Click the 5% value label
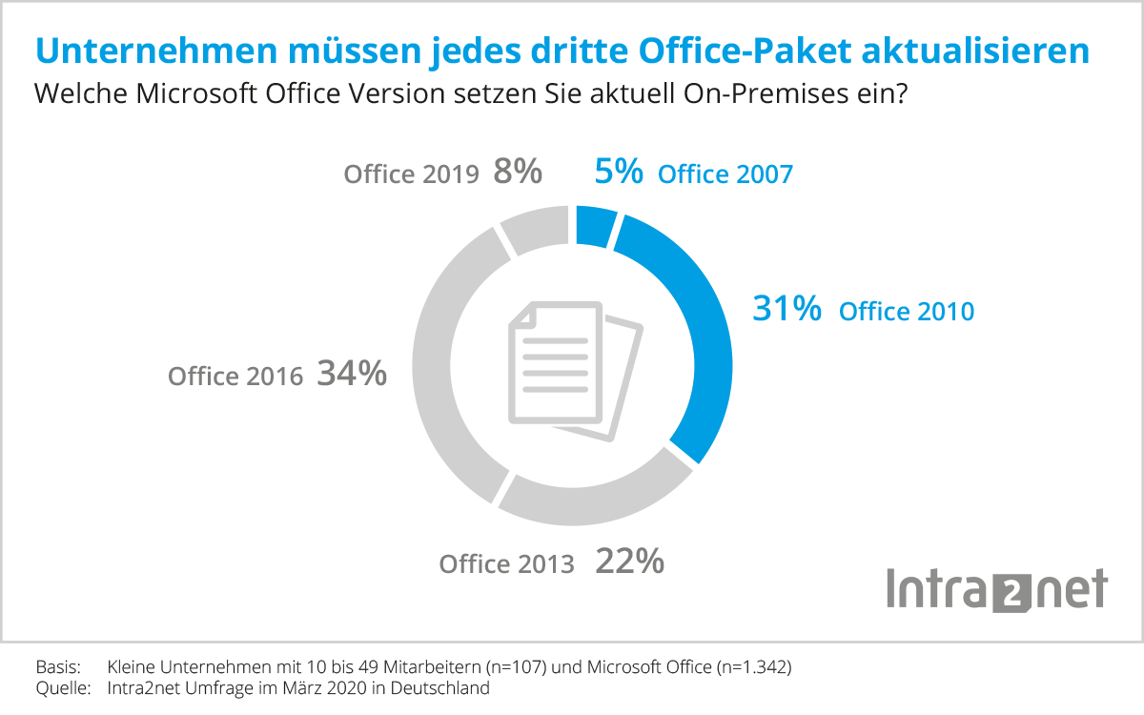[x=620, y=173]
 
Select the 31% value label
[x=786, y=309]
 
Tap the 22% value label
[x=629, y=562]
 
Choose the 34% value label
[x=352, y=374]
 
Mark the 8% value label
[x=518, y=173]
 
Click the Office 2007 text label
[x=725, y=174]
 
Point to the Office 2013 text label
[x=506, y=564]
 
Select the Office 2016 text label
[x=235, y=376]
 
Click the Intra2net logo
[x=996, y=588]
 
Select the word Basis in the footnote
[x=57, y=666]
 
